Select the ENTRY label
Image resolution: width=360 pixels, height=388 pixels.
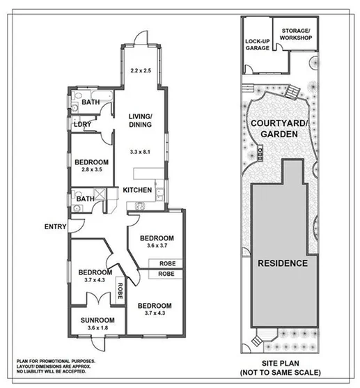tap(55, 226)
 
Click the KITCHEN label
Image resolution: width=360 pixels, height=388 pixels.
tap(138, 190)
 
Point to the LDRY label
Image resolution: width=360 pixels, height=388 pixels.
tap(81, 125)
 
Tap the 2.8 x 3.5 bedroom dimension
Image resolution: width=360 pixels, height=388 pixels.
tap(91, 169)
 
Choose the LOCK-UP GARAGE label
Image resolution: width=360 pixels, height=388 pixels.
tap(258, 45)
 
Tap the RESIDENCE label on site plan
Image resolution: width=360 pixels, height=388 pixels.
tap(283, 264)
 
